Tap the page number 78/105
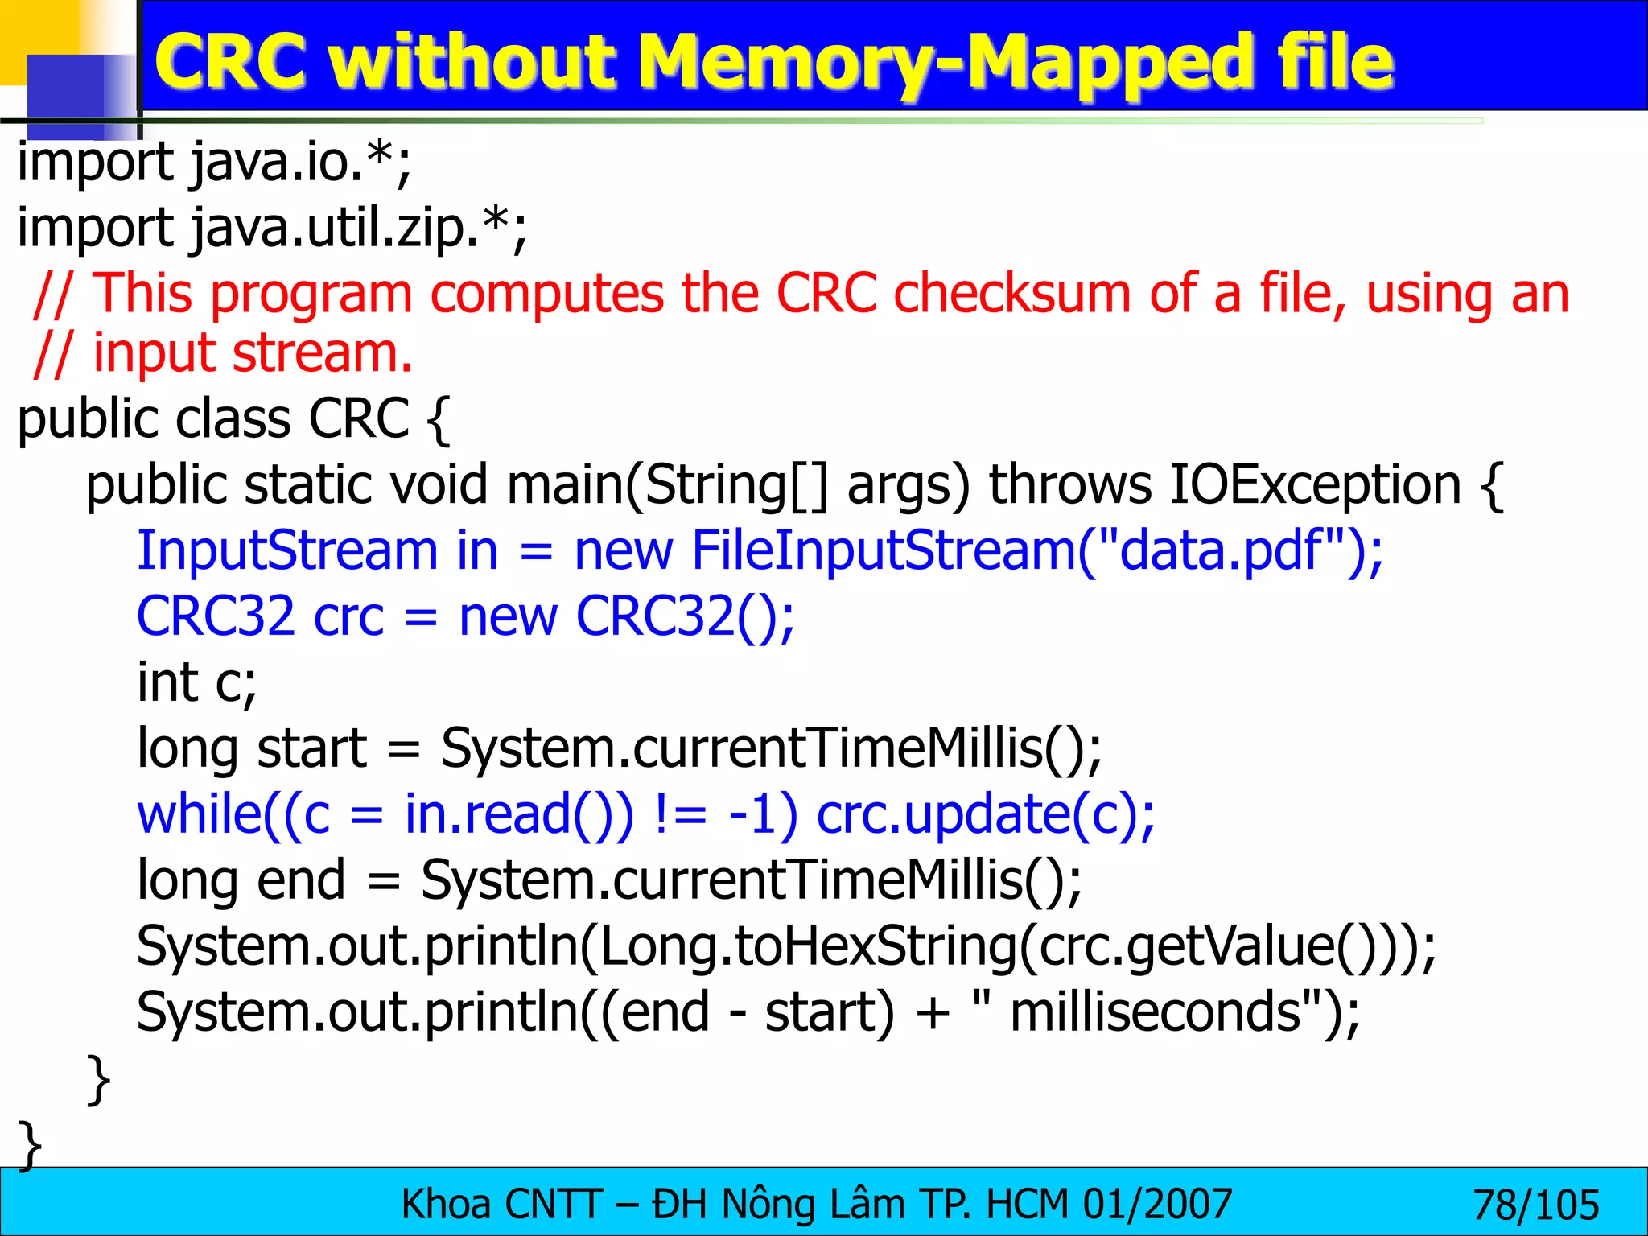click(x=1535, y=1205)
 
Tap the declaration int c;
click(x=196, y=683)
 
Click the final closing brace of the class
click(x=30, y=1143)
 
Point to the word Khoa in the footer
click(x=446, y=1205)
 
